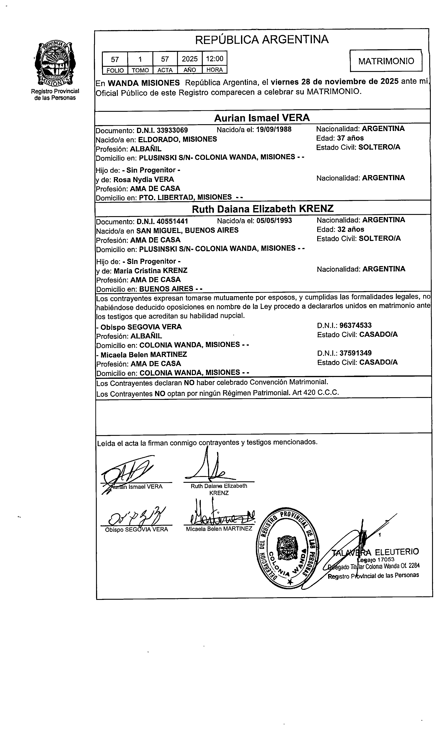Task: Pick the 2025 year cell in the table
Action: point(190,59)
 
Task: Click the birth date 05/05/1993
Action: point(274,221)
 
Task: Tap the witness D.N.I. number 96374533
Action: point(355,325)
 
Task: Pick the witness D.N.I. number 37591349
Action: point(355,353)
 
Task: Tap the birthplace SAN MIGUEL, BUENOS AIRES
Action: point(187,230)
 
